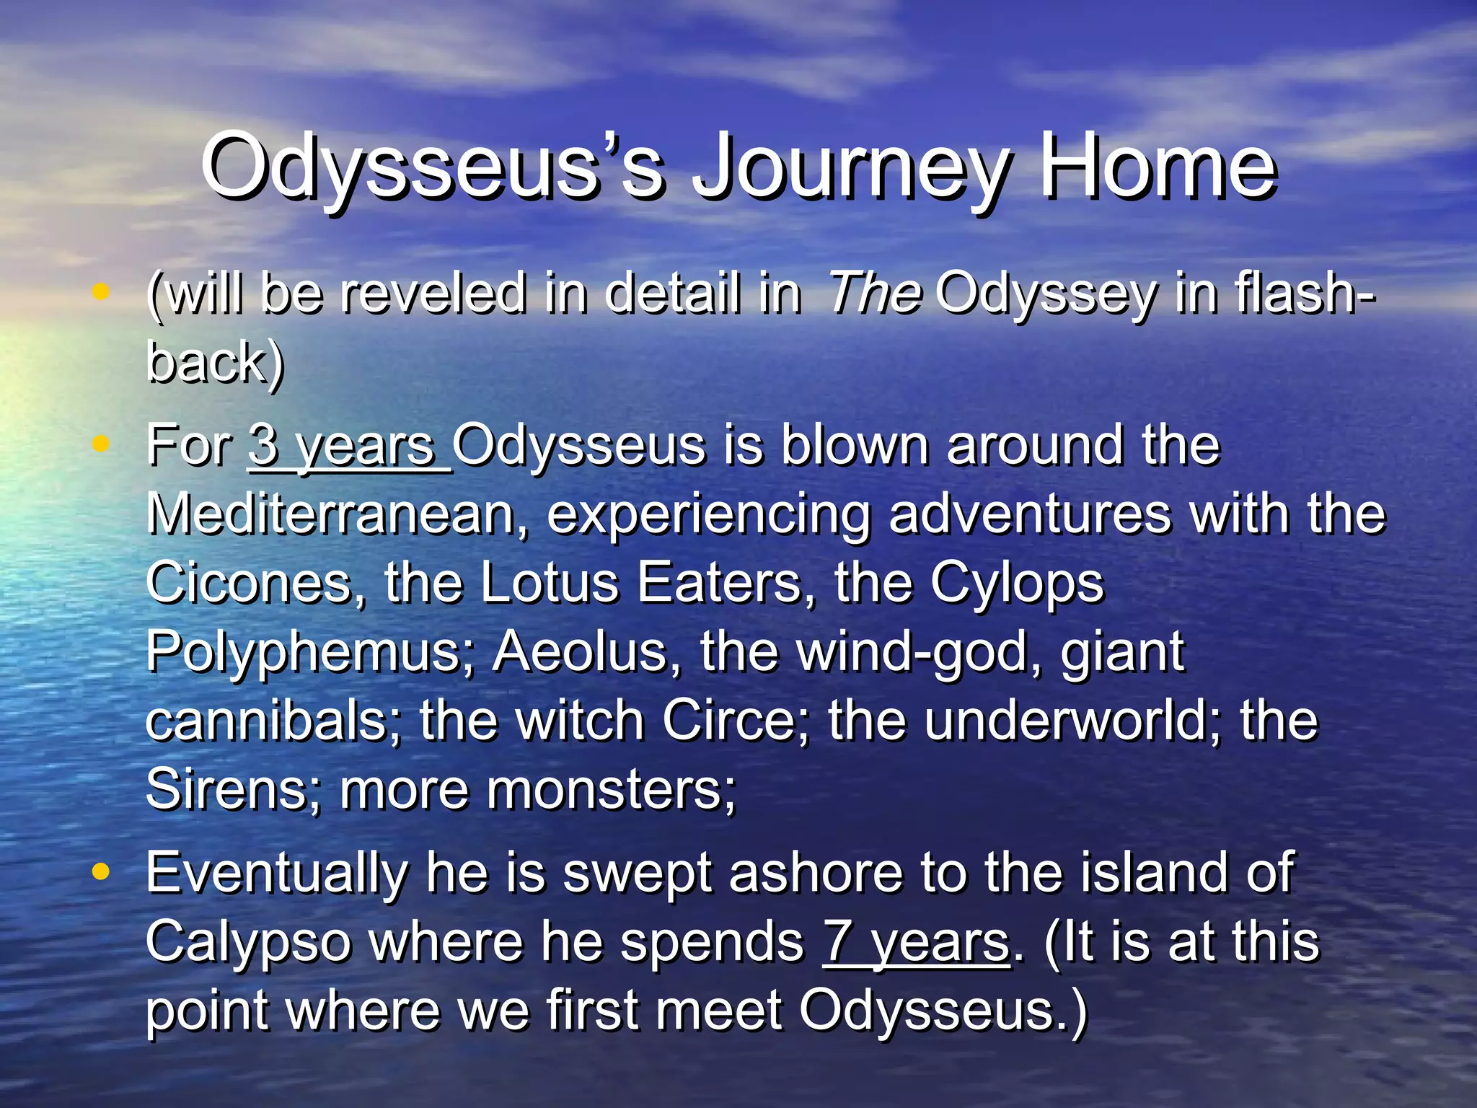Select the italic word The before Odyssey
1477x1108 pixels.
click(875, 294)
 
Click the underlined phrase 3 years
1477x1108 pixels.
click(349, 446)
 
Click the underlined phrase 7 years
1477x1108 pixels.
click(916, 942)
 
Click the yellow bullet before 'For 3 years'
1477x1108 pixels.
click(101, 444)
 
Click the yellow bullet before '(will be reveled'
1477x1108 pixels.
click(101, 292)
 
